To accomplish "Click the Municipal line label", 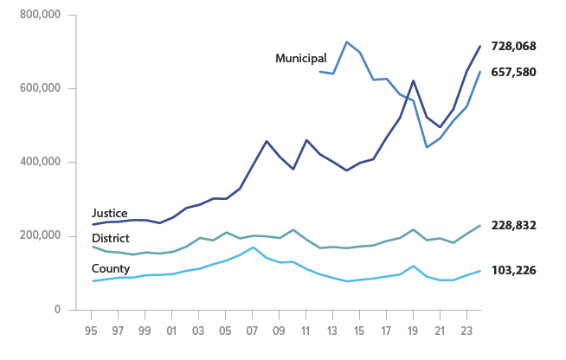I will tap(300, 58).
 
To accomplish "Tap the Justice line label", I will tap(109, 213).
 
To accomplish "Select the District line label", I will tap(111, 238).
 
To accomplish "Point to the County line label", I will tap(110, 268).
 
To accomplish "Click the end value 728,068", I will tap(513, 46).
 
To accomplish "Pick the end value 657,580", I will tap(513, 72).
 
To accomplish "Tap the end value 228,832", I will tap(513, 225).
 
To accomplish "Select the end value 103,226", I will tap(513, 270).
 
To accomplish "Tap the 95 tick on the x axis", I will tap(92, 330).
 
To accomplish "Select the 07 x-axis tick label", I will tap(253, 330).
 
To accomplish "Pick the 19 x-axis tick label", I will tap(414, 330).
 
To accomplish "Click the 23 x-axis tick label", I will tap(467, 330).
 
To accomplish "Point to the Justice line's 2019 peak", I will tap(414, 80).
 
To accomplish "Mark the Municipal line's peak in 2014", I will tap(346, 42).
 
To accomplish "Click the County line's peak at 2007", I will tap(253, 247).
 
